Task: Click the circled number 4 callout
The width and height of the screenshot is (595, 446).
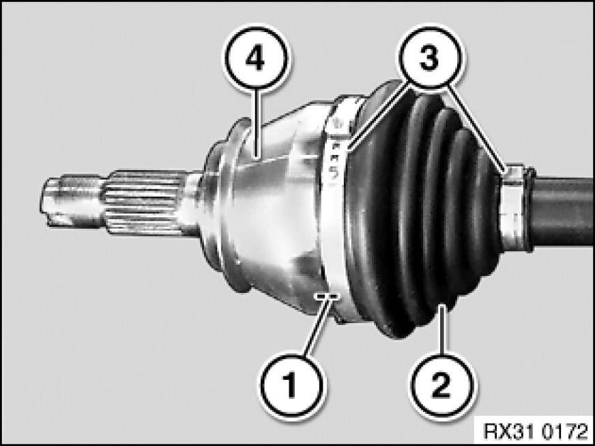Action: coord(255,59)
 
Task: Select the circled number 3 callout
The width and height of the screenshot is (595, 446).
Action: coord(431,59)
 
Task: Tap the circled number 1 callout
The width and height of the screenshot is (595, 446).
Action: coord(291,387)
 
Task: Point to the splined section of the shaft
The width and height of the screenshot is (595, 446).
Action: coord(144,202)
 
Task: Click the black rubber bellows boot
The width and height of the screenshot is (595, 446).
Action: coord(421,212)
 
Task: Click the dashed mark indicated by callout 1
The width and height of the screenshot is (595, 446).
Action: coord(326,296)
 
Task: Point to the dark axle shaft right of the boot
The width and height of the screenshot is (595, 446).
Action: coord(562,211)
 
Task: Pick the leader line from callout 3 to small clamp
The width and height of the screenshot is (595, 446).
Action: coord(476,130)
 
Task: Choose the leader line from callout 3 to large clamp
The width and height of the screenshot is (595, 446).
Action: coord(379,120)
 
